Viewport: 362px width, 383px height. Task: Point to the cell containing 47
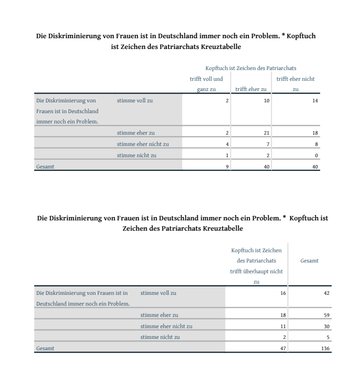(x=282, y=349)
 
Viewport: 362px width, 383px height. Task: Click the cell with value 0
(x=316, y=156)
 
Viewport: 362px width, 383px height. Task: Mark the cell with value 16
(x=282, y=293)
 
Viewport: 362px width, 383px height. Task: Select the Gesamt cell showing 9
(x=226, y=167)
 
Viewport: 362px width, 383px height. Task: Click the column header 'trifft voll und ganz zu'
(x=206, y=84)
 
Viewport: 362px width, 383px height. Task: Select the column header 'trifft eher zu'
(x=251, y=89)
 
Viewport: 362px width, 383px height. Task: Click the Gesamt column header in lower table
(x=309, y=261)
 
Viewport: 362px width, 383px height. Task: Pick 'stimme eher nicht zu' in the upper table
(x=143, y=144)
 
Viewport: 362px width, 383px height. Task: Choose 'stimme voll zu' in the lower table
(x=158, y=293)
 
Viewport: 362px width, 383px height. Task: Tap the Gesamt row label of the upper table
(x=45, y=167)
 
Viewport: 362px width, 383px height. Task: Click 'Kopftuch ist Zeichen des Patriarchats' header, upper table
(x=251, y=68)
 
